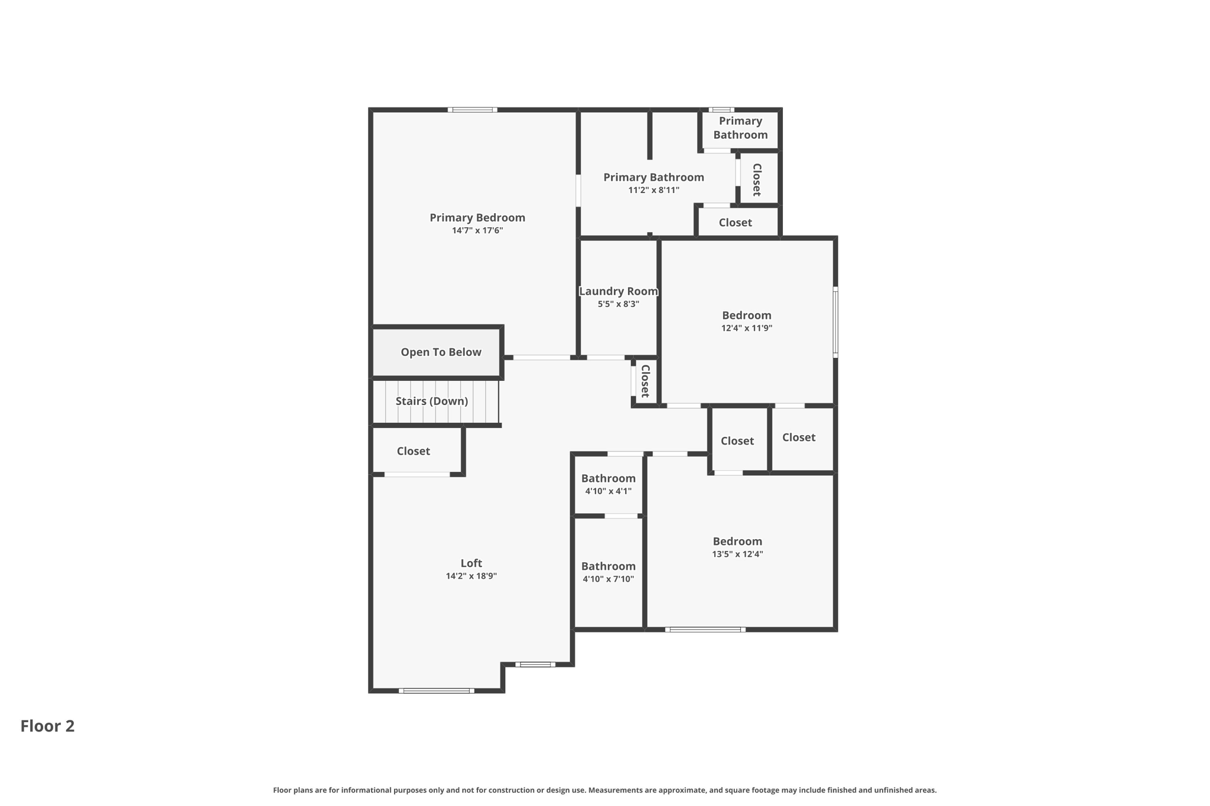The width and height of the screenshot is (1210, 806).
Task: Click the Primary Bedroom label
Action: [477, 217]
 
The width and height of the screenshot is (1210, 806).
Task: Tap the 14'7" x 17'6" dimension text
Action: [477, 231]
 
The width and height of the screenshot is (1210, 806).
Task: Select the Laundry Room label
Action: [618, 291]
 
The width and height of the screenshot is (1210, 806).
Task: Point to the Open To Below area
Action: [441, 352]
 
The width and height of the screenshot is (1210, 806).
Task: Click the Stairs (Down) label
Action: [431, 401]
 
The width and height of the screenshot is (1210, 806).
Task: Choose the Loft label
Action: [471, 563]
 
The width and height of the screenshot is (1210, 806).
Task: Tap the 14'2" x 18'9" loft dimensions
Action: [471, 576]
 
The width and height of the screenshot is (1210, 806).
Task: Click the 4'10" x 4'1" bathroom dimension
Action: [608, 491]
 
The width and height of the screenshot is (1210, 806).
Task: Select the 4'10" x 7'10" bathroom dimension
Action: [608, 579]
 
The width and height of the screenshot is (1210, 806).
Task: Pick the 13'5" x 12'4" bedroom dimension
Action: [737, 554]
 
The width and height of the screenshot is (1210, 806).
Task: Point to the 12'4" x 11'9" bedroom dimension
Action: [746, 328]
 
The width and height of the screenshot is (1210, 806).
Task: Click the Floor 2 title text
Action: [47, 726]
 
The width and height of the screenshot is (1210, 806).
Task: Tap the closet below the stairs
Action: [413, 451]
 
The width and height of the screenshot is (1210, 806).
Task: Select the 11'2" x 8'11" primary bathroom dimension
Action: [653, 190]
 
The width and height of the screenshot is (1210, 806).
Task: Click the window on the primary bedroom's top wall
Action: [472, 110]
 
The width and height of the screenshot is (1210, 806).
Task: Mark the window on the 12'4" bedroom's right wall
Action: [835, 322]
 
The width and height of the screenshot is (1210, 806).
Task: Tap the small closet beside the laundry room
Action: [645, 381]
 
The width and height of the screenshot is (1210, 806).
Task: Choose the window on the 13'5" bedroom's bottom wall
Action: [705, 629]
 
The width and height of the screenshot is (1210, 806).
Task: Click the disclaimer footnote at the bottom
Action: [604, 790]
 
